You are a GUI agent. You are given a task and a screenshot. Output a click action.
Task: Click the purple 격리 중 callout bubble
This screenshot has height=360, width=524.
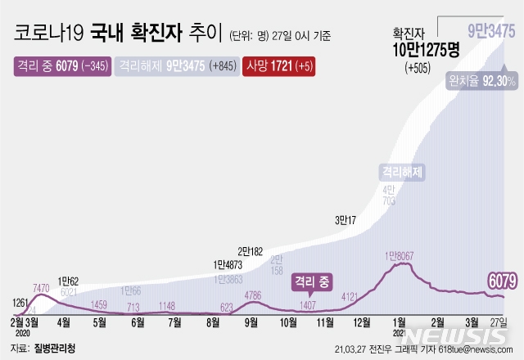312,282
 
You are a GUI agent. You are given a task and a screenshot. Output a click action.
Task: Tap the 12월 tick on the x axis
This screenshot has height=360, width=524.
364,322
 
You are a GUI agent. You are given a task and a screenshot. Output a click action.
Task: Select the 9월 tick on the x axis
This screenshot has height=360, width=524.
251,322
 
